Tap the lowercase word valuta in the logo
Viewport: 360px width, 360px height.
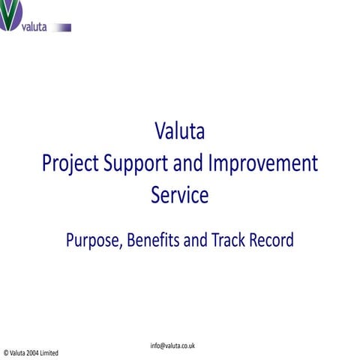click(x=33, y=27)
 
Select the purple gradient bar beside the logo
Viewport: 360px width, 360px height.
click(x=61, y=28)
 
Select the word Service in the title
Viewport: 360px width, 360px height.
click(x=179, y=195)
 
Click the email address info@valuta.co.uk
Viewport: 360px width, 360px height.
click(x=172, y=346)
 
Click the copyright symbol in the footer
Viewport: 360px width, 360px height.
click(x=6, y=352)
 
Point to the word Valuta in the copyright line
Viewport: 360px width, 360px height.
click(x=19, y=352)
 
